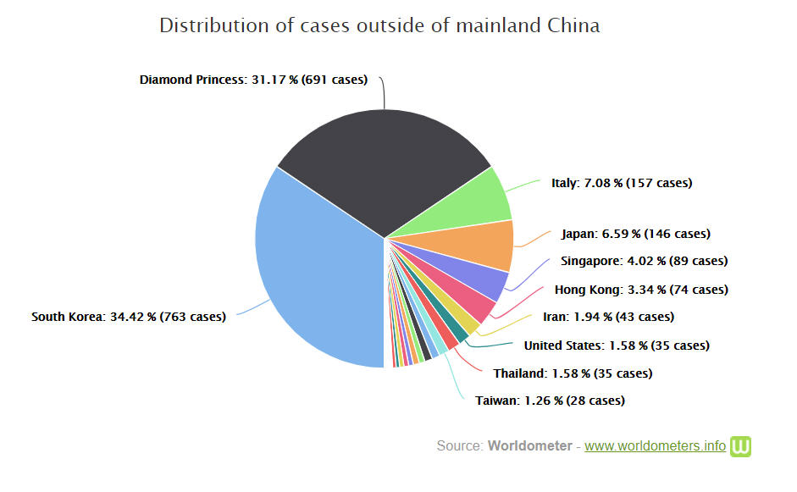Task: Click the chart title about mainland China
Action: tap(379, 25)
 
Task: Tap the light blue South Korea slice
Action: tap(313, 271)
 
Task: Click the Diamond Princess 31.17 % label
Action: tap(253, 80)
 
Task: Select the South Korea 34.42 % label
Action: tap(129, 318)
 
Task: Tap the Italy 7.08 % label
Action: tap(621, 183)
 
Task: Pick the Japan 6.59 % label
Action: tap(635, 234)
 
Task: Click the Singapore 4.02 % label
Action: tap(644, 262)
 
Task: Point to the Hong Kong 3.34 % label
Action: tap(641, 290)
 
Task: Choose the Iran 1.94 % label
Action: tap(608, 318)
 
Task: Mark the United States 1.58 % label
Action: tap(617, 346)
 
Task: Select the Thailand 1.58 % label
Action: tap(573, 373)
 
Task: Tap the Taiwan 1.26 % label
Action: tap(550, 401)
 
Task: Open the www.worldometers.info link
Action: tap(655, 446)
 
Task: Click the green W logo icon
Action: tap(741, 446)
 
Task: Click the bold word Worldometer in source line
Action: tap(529, 446)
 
